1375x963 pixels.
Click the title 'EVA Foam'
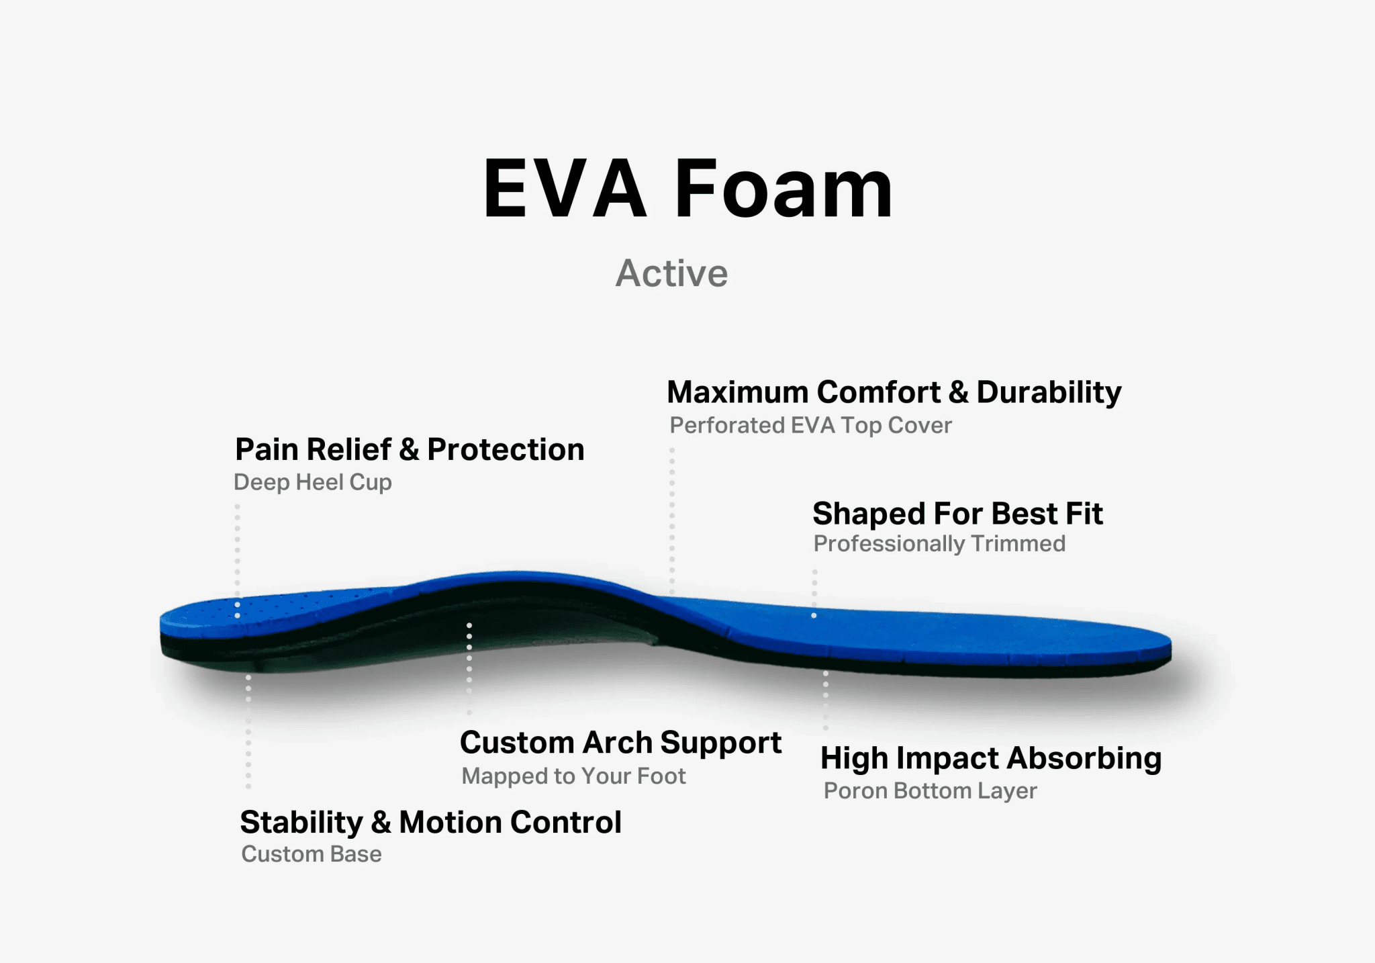click(688, 189)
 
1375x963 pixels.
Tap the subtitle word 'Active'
click(672, 273)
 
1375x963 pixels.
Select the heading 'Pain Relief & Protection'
click(410, 449)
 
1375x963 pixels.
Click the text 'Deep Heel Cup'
click(313, 482)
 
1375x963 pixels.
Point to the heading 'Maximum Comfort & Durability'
click(894, 392)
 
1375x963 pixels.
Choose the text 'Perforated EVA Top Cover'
click(811, 425)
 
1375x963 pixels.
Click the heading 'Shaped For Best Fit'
click(957, 514)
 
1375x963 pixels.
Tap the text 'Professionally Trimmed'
click(939, 543)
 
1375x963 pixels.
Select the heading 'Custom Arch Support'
click(621, 743)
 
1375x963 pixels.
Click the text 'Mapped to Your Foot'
click(574, 776)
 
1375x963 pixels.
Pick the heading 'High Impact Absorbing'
click(991, 758)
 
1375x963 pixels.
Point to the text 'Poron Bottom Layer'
click(931, 791)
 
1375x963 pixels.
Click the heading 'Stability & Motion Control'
click(431, 822)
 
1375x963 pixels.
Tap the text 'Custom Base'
click(312, 854)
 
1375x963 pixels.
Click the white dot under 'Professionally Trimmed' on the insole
click(814, 615)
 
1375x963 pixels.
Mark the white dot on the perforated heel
click(237, 615)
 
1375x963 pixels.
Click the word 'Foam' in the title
click(784, 189)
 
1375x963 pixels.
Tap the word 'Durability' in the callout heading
click(1049, 392)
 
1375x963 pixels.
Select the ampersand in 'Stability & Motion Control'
click(381, 823)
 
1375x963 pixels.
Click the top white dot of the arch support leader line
click(469, 626)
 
